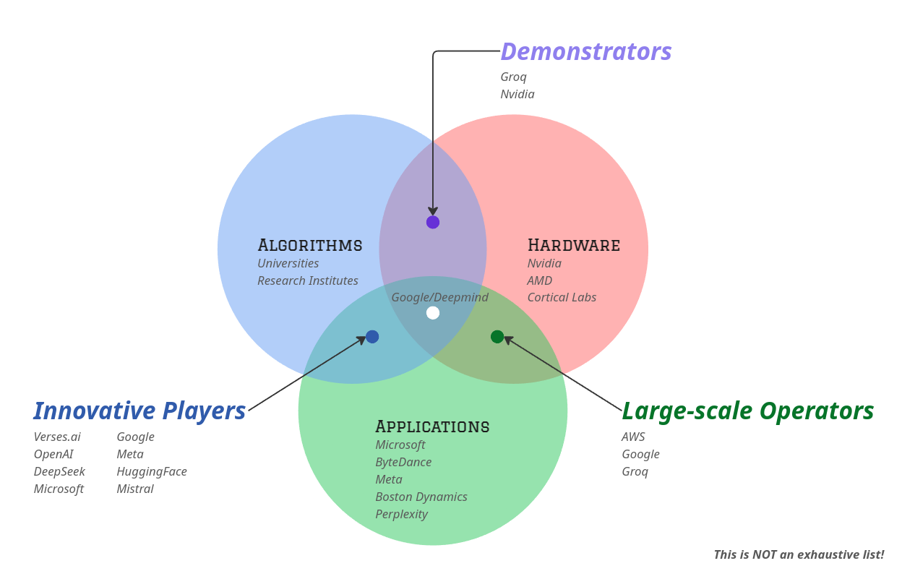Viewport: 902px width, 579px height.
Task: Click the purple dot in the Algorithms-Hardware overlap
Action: tap(433, 222)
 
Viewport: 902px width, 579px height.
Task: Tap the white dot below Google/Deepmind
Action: tap(433, 313)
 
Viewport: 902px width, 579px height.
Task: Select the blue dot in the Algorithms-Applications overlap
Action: tap(372, 336)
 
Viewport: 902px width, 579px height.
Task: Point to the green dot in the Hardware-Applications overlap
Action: tap(497, 336)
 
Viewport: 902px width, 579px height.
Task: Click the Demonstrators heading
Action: tap(585, 52)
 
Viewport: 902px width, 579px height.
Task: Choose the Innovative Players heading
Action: tap(139, 411)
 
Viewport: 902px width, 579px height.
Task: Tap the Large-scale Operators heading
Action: tap(747, 411)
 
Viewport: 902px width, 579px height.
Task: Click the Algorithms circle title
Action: tap(309, 245)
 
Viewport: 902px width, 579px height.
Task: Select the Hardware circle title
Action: tap(573, 245)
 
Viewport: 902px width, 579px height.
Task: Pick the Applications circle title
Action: tap(432, 426)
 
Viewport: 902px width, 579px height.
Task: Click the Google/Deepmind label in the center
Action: tap(439, 297)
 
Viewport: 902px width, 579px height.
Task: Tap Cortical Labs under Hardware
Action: tap(562, 297)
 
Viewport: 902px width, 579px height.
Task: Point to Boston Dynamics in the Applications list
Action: tap(421, 497)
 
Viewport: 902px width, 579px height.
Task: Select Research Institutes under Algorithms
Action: tap(307, 280)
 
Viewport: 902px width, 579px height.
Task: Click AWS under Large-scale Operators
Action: tap(633, 437)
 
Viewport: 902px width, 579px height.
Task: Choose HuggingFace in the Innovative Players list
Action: tap(152, 471)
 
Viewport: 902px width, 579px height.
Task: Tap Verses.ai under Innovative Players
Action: tap(57, 437)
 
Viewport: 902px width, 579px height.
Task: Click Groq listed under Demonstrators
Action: tap(513, 77)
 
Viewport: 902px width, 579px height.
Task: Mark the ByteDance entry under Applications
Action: tap(403, 462)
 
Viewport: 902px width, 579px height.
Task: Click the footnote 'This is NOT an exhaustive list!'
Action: tap(799, 554)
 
